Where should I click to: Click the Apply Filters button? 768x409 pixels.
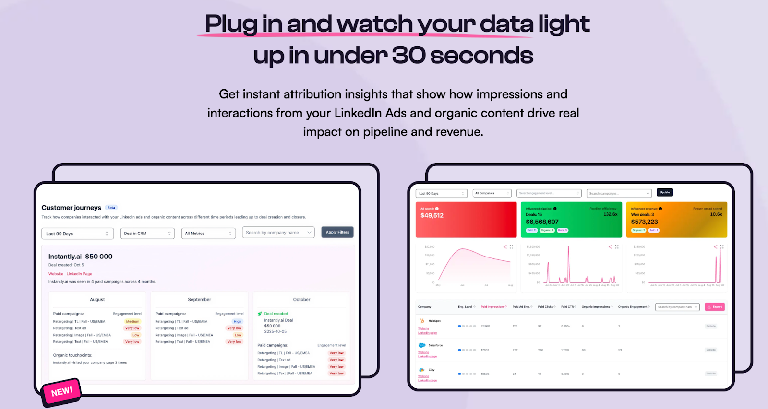[337, 233]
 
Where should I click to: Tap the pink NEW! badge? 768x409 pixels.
[62, 391]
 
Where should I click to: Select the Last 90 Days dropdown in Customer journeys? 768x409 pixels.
[77, 234]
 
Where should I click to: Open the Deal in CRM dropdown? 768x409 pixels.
[147, 234]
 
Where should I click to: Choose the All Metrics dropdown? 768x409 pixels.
[208, 234]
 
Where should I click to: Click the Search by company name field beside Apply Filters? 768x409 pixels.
[278, 233]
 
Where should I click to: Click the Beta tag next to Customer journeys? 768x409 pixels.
[111, 208]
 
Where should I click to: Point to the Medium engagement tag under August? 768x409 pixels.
[132, 322]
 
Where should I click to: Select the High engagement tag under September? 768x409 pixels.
[238, 322]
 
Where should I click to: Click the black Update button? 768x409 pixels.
[665, 192]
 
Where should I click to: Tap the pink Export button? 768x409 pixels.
[715, 307]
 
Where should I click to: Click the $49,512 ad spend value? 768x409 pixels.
[432, 216]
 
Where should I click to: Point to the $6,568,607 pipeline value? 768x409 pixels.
[542, 222]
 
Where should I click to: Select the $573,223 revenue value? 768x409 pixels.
[644, 222]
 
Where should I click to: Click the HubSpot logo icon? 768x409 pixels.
[422, 321]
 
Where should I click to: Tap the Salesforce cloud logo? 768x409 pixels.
[422, 345]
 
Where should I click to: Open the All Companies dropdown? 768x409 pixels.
[492, 193]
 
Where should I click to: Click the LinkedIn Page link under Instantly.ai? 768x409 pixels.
[79, 274]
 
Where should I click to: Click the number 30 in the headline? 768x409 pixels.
[408, 56]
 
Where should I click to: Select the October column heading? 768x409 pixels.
[301, 300]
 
